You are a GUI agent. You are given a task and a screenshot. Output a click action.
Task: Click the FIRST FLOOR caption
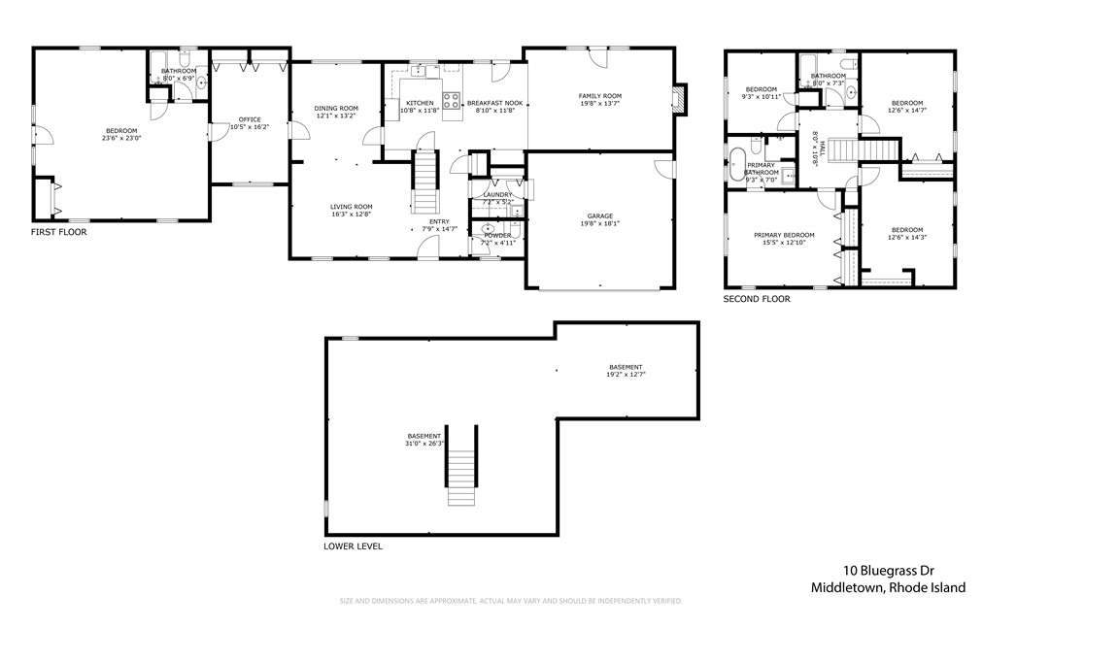click(59, 232)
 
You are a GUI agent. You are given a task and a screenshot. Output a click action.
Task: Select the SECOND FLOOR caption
click(757, 299)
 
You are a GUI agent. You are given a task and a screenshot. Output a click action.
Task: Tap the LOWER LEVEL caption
click(353, 546)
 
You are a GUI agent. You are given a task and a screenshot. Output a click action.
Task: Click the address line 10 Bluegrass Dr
click(888, 571)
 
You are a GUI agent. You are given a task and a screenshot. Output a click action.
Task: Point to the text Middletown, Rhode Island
click(888, 587)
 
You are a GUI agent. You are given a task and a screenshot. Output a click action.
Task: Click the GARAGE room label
click(599, 216)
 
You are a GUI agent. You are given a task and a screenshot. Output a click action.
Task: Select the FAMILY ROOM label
click(599, 96)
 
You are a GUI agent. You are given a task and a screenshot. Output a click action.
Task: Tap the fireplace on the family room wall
click(680, 98)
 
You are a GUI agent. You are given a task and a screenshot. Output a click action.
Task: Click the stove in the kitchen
click(452, 98)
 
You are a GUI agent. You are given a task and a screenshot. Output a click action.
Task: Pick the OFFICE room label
click(250, 119)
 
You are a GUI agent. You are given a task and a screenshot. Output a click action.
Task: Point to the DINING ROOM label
click(336, 108)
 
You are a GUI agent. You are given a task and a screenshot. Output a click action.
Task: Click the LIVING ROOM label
click(351, 207)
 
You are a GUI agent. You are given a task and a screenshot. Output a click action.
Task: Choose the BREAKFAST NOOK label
click(494, 103)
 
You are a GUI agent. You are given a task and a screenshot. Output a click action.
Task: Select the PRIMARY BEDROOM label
click(784, 235)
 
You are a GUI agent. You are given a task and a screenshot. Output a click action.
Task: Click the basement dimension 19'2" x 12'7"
click(627, 374)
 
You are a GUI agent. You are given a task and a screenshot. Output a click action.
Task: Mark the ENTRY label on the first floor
click(439, 221)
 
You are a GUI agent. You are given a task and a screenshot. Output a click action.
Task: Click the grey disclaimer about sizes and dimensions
click(511, 601)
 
